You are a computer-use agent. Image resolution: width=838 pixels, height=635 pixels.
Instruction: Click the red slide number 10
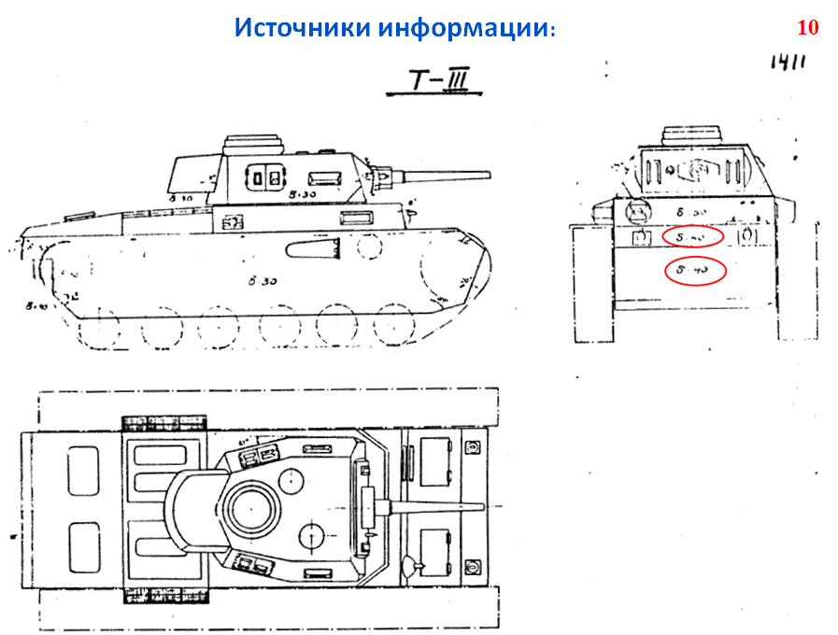[x=807, y=28]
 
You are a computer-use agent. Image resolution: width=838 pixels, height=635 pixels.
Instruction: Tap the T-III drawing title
[x=433, y=83]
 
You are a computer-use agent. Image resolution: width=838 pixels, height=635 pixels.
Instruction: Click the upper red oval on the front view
[x=694, y=238]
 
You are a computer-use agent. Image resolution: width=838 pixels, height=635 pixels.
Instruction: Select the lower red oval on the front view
[x=694, y=271]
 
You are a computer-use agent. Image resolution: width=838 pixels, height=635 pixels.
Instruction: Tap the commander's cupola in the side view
[x=255, y=145]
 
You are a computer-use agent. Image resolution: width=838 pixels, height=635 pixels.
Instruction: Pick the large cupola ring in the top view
[x=251, y=510]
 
